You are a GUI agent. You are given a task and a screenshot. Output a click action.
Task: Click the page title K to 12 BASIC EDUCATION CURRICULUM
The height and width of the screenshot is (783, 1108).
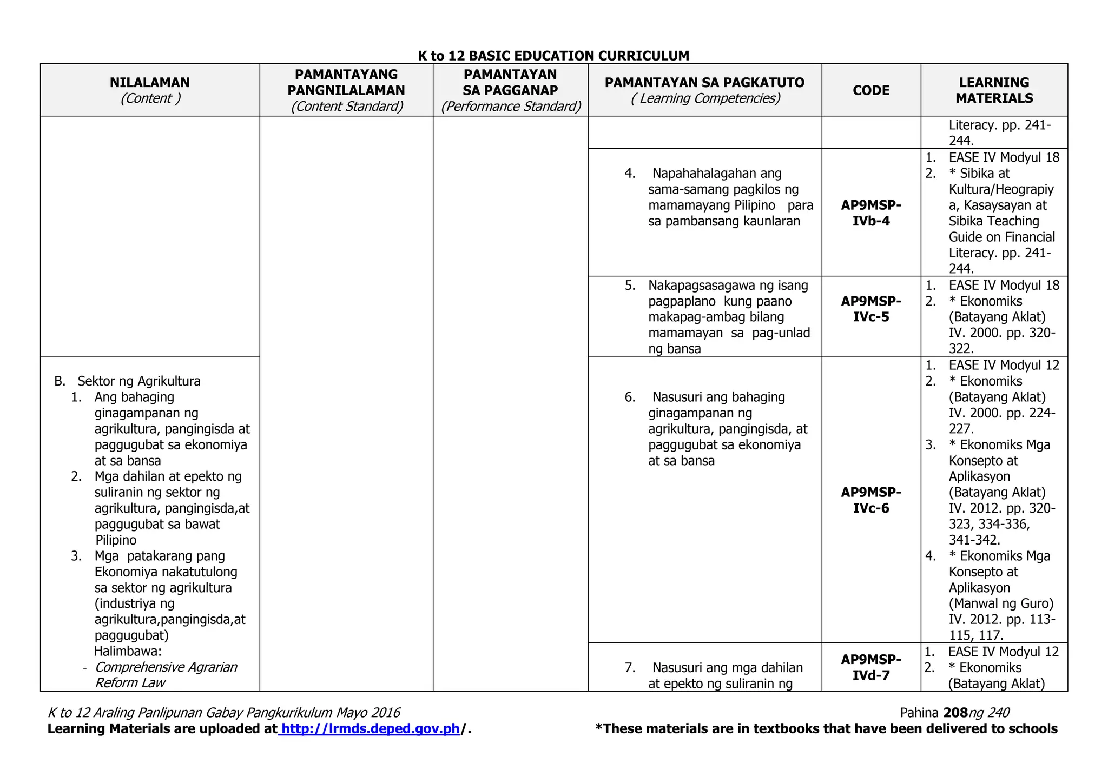click(x=553, y=56)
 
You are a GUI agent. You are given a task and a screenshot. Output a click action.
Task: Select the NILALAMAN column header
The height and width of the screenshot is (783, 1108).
click(x=150, y=83)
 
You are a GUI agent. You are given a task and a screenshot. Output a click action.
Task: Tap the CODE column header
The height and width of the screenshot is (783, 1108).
click(x=871, y=90)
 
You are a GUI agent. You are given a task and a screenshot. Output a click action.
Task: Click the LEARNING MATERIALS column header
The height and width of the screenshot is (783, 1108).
click(x=994, y=90)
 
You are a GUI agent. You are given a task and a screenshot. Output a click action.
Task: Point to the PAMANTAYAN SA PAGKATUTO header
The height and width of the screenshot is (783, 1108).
click(x=704, y=83)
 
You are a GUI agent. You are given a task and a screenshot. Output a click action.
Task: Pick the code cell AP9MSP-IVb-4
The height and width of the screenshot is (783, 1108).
click(x=871, y=213)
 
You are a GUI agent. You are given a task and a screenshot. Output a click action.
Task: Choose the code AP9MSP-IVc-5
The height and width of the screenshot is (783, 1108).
click(x=871, y=309)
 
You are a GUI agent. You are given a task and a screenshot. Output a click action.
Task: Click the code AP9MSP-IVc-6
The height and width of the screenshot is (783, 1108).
click(x=871, y=500)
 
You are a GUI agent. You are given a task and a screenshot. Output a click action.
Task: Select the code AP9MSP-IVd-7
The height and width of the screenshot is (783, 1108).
click(x=871, y=667)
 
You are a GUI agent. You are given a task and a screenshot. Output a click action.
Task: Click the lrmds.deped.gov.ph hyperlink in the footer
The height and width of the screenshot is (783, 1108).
click(x=371, y=729)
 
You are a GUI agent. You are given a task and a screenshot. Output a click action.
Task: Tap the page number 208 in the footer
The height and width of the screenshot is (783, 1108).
click(x=955, y=713)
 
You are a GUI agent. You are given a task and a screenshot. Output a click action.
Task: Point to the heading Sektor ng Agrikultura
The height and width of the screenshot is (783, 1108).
click(x=139, y=381)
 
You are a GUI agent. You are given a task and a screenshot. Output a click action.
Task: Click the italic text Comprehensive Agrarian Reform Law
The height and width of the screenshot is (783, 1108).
click(x=166, y=675)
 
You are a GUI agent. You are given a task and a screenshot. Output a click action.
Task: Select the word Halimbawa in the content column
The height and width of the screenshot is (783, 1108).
click(x=128, y=651)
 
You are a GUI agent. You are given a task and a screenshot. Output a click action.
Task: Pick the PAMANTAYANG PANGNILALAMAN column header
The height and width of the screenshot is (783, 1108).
click(x=346, y=82)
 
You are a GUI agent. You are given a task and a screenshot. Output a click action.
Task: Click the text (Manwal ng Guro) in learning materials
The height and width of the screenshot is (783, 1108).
click(x=1001, y=603)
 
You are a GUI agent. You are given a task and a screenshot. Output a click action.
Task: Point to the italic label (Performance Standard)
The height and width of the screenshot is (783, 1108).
click(x=511, y=107)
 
